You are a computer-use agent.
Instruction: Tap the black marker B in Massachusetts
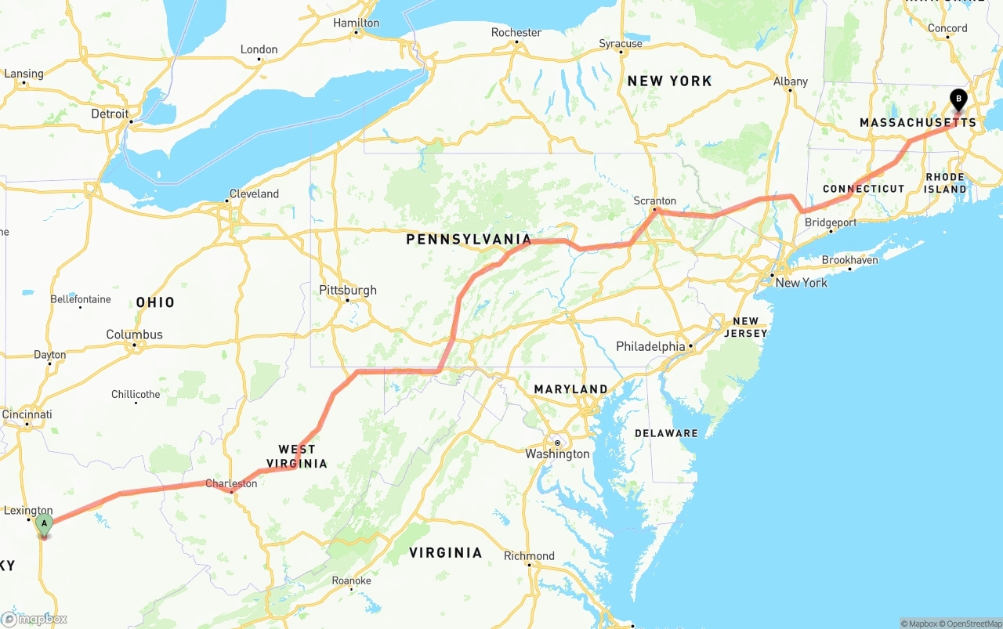tap(958, 99)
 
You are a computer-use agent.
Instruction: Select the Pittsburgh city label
tap(348, 291)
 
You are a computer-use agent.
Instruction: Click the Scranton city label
tap(654, 201)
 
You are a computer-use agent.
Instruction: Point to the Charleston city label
tap(231, 483)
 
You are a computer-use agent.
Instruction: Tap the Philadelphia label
tap(650, 346)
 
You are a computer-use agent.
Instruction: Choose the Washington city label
tap(557, 454)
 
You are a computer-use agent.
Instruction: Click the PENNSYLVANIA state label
tap(469, 240)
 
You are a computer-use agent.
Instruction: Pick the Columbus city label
tap(135, 334)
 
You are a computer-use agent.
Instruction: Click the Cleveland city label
tap(254, 193)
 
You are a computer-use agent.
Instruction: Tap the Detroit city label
tap(110, 114)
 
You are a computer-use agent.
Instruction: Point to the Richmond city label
tap(529, 556)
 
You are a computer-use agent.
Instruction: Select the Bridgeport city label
tap(831, 222)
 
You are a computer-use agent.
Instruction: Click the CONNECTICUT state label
tap(864, 189)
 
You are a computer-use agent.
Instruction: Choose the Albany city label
tap(790, 81)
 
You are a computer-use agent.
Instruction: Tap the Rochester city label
tap(516, 32)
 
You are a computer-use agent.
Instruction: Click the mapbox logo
tap(34, 619)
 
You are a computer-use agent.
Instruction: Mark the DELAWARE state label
tap(666, 433)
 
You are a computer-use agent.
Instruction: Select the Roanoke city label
tap(351, 580)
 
